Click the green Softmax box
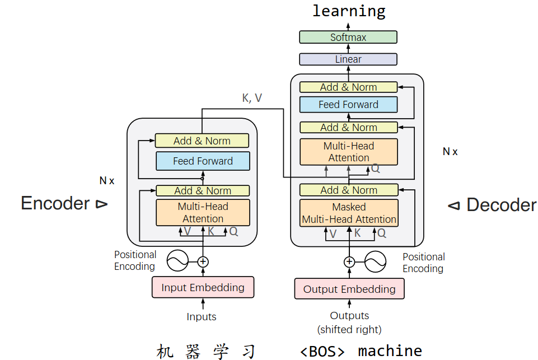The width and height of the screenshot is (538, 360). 348,38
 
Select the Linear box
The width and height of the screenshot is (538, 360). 348,59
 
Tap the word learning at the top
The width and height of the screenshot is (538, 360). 349,11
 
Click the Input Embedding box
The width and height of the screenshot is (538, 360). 203,287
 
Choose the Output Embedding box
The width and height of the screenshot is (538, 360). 349,289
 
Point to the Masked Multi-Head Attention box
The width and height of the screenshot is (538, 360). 349,213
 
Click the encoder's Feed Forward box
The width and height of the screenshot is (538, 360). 203,161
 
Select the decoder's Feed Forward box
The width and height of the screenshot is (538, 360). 348,105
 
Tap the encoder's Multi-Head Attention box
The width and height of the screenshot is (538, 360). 203,213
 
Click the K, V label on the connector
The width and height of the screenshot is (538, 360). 252,98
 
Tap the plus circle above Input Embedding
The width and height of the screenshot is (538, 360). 203,261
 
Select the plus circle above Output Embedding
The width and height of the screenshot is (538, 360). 349,261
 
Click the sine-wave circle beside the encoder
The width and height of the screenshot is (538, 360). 177,260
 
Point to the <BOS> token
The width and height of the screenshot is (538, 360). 322,351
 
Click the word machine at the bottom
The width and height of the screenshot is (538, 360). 390,351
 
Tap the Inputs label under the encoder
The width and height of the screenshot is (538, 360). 202,317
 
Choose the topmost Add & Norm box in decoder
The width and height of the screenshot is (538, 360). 348,87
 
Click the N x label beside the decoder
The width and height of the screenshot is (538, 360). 450,152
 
